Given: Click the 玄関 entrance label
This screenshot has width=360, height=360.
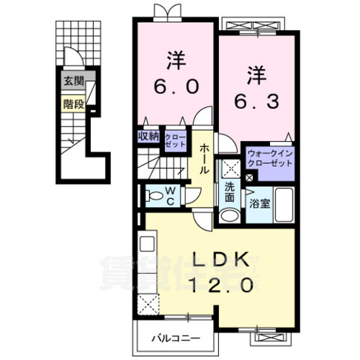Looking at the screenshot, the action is (x=73, y=81).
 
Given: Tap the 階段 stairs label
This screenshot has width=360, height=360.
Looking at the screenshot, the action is (x=73, y=104).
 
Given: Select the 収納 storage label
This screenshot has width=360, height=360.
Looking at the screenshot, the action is (x=148, y=136).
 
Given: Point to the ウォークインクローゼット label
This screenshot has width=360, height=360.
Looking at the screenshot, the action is (x=270, y=158).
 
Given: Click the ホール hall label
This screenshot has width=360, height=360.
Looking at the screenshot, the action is (x=204, y=159).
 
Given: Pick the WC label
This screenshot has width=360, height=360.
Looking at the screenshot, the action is (x=170, y=196).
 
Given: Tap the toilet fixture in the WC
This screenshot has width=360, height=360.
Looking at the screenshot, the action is (x=154, y=195).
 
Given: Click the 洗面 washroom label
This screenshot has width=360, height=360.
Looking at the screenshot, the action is (x=229, y=193).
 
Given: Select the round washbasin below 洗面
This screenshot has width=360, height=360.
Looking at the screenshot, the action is (x=229, y=215).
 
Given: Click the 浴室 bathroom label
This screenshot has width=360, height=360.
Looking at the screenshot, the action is (x=259, y=204).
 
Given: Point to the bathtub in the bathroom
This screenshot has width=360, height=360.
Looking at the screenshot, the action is (x=283, y=205).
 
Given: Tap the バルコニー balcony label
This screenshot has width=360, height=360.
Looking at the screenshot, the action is (x=176, y=339).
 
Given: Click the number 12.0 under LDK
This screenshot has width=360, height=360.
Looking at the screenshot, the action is (x=222, y=286).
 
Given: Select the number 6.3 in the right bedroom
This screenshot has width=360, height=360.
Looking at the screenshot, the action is (x=256, y=102).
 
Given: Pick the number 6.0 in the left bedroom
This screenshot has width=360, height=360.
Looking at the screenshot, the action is (x=176, y=87).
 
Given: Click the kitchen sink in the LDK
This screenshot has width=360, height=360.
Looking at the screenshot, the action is (x=148, y=244).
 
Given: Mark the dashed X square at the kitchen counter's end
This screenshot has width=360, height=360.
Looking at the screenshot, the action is (x=148, y=304).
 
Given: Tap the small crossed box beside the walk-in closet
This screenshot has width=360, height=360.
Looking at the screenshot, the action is (x=249, y=178).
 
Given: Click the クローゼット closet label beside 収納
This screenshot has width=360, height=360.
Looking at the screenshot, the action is (x=175, y=140).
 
